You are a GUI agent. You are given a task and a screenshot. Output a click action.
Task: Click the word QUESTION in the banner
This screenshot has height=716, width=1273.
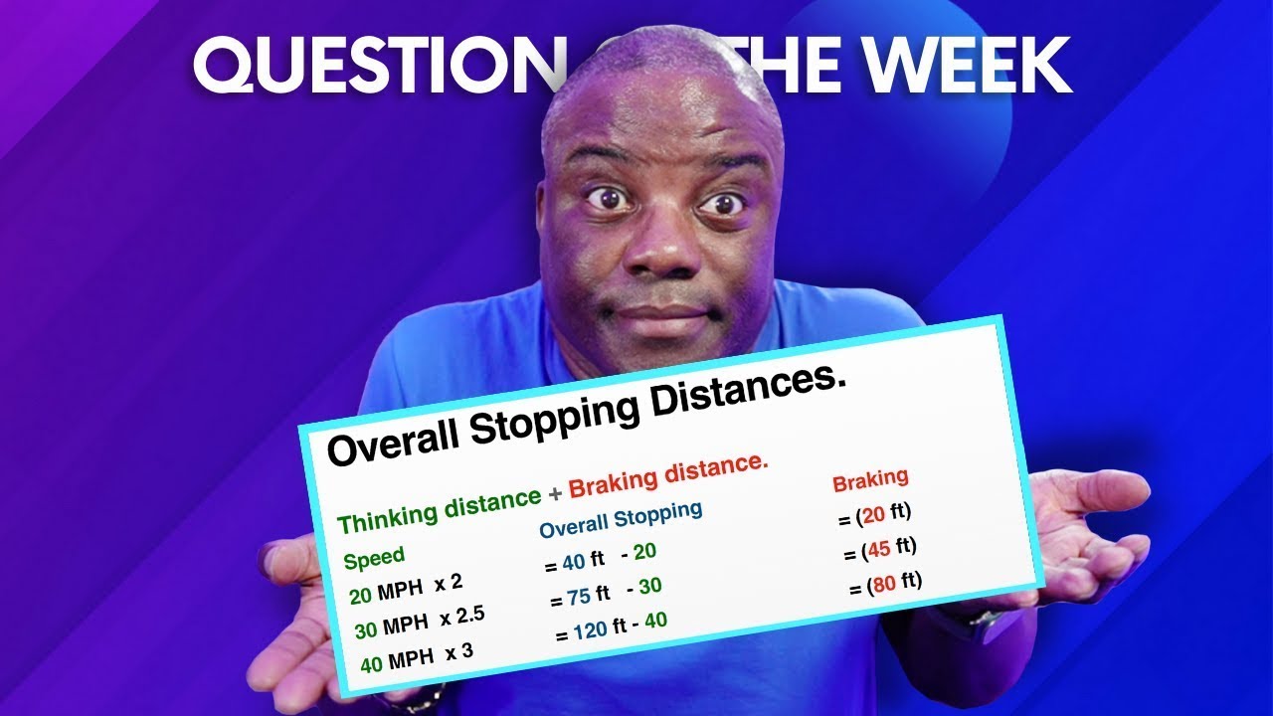coord(373,66)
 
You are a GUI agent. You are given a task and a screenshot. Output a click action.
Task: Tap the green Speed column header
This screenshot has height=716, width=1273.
coord(374,558)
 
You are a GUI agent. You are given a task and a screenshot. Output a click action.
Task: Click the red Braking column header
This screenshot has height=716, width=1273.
coord(870,480)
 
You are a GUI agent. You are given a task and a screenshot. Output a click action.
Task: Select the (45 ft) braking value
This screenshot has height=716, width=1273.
coord(878,549)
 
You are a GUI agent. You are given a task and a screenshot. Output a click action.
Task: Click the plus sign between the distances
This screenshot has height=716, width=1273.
coord(556,494)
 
